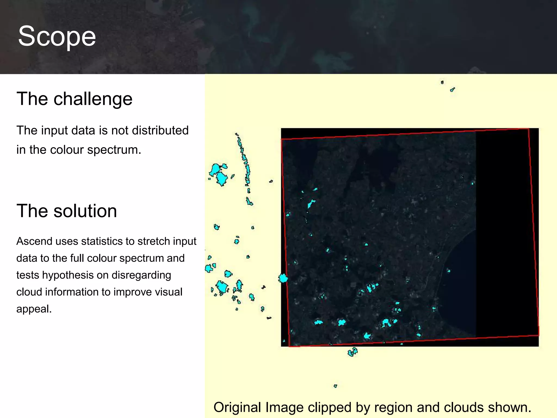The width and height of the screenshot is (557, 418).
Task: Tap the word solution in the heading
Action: click(x=85, y=211)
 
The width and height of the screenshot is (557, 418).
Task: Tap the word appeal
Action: click(x=33, y=309)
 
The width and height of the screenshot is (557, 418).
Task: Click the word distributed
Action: click(x=160, y=130)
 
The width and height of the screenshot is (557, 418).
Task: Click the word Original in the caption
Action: click(x=238, y=407)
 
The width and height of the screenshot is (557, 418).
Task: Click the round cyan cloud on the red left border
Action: click(x=283, y=278)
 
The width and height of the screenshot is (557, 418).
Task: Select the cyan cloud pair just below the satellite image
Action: click(x=353, y=352)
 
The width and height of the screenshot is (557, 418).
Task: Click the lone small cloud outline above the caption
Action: click(x=335, y=386)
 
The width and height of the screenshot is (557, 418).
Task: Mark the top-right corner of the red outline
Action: click(x=528, y=129)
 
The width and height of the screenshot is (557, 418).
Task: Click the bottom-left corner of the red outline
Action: click(x=289, y=346)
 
